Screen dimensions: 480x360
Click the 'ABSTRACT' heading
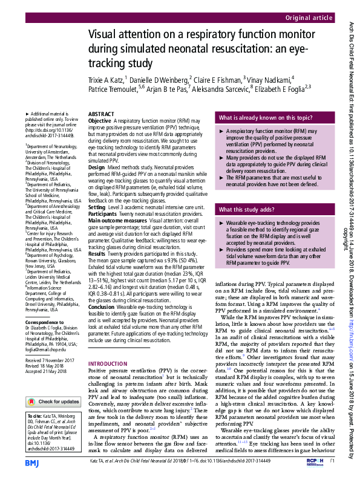pos(101,114)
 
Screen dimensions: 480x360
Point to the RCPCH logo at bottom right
pos(315,462)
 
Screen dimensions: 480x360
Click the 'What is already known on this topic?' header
pos(266,118)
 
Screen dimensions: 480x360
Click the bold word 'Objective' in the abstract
pos(99,121)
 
